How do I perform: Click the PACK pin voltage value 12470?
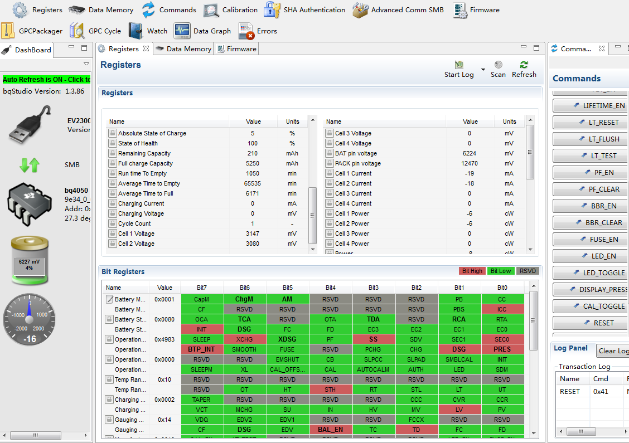(x=470, y=163)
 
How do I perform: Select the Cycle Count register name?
(x=134, y=223)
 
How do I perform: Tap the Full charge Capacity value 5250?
(x=253, y=163)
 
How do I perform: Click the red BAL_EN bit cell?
(x=330, y=430)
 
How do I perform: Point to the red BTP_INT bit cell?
(x=201, y=349)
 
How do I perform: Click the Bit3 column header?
(x=373, y=288)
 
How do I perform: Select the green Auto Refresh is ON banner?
(x=46, y=80)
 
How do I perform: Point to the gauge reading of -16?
(x=30, y=339)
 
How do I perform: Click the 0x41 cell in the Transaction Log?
(x=601, y=392)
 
